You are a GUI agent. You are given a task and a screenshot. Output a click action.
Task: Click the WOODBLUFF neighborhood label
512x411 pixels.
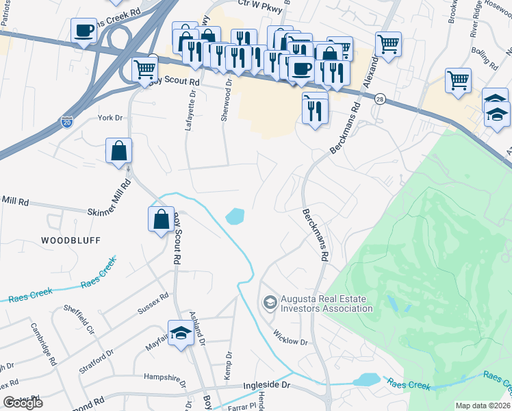tap(71, 240)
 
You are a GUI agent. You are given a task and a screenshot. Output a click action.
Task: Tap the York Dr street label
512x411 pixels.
tap(109, 118)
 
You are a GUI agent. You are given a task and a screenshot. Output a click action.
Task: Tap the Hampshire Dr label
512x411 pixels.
tap(165, 377)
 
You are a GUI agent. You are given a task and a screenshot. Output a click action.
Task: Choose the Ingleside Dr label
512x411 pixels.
tap(267, 386)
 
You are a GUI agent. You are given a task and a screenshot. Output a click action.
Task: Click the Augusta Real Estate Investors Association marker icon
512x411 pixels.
tap(270, 302)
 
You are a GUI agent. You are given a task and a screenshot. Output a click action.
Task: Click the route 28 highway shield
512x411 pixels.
tap(380, 99)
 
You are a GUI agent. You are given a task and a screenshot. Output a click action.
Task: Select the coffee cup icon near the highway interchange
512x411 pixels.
tap(84, 31)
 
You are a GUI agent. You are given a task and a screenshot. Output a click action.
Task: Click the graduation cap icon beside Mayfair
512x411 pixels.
tap(181, 333)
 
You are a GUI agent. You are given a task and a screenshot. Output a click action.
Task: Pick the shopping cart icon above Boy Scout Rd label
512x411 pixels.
tap(144, 70)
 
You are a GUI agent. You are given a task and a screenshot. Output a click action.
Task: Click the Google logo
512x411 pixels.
tap(23, 403)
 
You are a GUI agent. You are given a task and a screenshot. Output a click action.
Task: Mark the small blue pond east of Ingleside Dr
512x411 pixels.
tap(366, 379)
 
